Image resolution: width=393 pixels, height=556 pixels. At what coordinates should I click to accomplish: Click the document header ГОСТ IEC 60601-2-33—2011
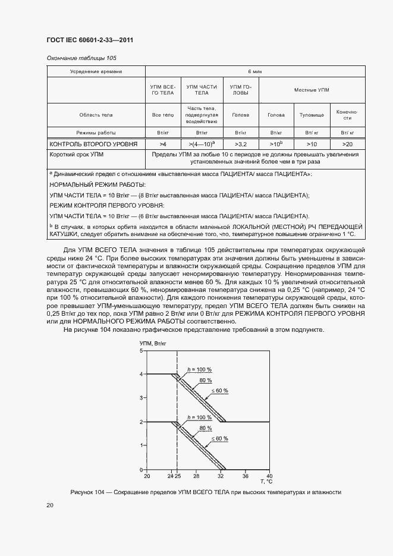(x=89, y=40)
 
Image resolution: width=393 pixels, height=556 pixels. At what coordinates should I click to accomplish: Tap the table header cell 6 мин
(x=255, y=71)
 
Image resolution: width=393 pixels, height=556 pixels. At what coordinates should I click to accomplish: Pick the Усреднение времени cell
(x=96, y=71)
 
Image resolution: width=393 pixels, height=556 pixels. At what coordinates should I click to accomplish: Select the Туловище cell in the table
(x=311, y=115)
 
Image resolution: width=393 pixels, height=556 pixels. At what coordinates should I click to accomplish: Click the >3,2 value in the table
(x=241, y=144)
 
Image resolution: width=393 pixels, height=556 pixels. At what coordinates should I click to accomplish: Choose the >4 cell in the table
(x=163, y=144)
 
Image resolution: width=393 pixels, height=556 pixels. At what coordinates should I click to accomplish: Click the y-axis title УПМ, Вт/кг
(x=152, y=344)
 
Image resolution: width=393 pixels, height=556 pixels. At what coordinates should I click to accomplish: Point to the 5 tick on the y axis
(x=142, y=351)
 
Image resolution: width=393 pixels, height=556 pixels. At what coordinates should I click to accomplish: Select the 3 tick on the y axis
(x=142, y=398)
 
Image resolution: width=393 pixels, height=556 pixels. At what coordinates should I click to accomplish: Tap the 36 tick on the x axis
(x=244, y=476)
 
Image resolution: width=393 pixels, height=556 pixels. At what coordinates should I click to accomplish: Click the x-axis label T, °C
(x=265, y=481)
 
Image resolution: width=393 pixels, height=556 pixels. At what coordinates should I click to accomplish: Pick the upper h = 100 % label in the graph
(x=199, y=370)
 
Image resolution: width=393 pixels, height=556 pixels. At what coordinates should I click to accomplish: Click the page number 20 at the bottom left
(x=50, y=505)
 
